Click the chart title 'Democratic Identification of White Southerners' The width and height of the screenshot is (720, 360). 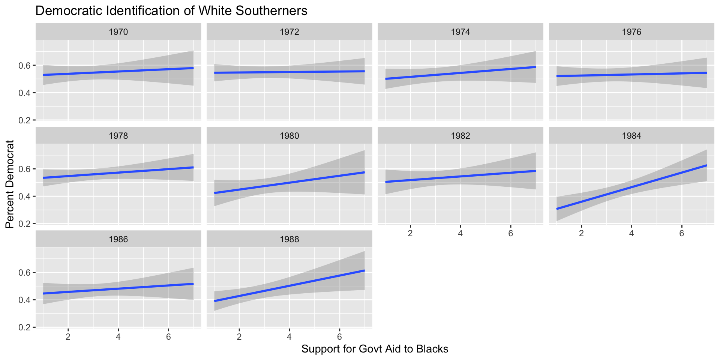point(171,11)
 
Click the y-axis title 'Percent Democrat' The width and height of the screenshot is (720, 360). point(10,184)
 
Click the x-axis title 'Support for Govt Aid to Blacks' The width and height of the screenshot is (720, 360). point(375,349)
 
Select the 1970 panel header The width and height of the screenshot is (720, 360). point(118,32)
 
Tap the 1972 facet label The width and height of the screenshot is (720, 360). point(289,32)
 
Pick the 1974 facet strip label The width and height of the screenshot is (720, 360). point(460,32)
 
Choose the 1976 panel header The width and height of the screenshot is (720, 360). point(631,32)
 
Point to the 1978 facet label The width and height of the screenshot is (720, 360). point(118,136)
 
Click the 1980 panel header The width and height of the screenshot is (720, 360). point(289,136)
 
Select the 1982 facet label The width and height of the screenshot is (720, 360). point(460,136)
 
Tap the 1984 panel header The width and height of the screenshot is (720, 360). point(631,136)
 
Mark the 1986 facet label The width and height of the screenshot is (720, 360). point(118,239)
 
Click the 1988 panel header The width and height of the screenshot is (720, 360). point(289,239)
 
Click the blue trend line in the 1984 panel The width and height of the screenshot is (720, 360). point(631,187)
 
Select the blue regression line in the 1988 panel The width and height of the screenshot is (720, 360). point(289,286)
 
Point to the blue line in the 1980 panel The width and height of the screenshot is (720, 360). point(289,183)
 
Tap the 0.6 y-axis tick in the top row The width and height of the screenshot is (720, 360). point(24,66)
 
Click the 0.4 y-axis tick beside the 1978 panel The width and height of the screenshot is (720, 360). point(24,196)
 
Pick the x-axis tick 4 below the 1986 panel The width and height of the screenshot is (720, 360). point(118,336)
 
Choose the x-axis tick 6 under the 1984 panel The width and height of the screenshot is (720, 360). point(681,233)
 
